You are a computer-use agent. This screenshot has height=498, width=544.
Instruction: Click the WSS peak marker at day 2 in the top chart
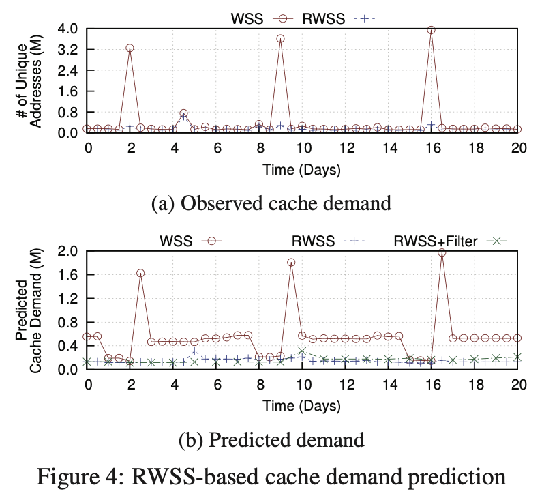[x=130, y=48]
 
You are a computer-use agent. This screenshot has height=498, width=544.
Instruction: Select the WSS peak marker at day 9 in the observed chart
[x=280, y=39]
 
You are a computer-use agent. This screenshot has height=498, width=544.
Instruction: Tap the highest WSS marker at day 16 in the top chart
[x=431, y=30]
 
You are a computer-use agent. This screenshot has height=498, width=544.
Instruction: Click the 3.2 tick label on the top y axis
[x=67, y=50]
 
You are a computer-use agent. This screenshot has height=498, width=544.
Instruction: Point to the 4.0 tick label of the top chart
[x=67, y=29]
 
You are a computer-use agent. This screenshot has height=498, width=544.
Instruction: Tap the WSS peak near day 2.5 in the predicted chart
[x=140, y=273]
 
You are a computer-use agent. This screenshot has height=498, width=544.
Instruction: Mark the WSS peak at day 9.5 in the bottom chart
[x=291, y=262]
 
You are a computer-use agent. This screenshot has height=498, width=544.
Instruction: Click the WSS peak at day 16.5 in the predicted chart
[x=442, y=252]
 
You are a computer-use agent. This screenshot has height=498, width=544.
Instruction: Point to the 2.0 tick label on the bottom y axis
[x=67, y=251]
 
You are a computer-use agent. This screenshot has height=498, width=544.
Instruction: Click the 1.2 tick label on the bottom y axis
[x=67, y=298]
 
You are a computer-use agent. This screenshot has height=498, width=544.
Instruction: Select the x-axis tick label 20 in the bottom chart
[x=517, y=385]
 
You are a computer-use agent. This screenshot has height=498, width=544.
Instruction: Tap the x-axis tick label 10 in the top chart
[x=302, y=148]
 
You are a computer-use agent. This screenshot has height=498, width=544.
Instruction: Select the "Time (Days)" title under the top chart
[x=302, y=168]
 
